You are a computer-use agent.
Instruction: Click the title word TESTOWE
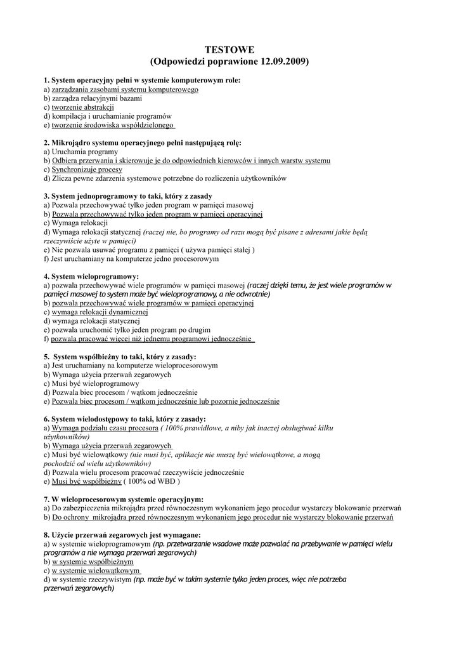tap(229, 49)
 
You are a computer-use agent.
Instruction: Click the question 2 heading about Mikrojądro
tap(143, 143)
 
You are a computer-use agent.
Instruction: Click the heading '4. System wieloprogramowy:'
tap(91, 277)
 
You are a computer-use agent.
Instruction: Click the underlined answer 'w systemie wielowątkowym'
tap(96, 571)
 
